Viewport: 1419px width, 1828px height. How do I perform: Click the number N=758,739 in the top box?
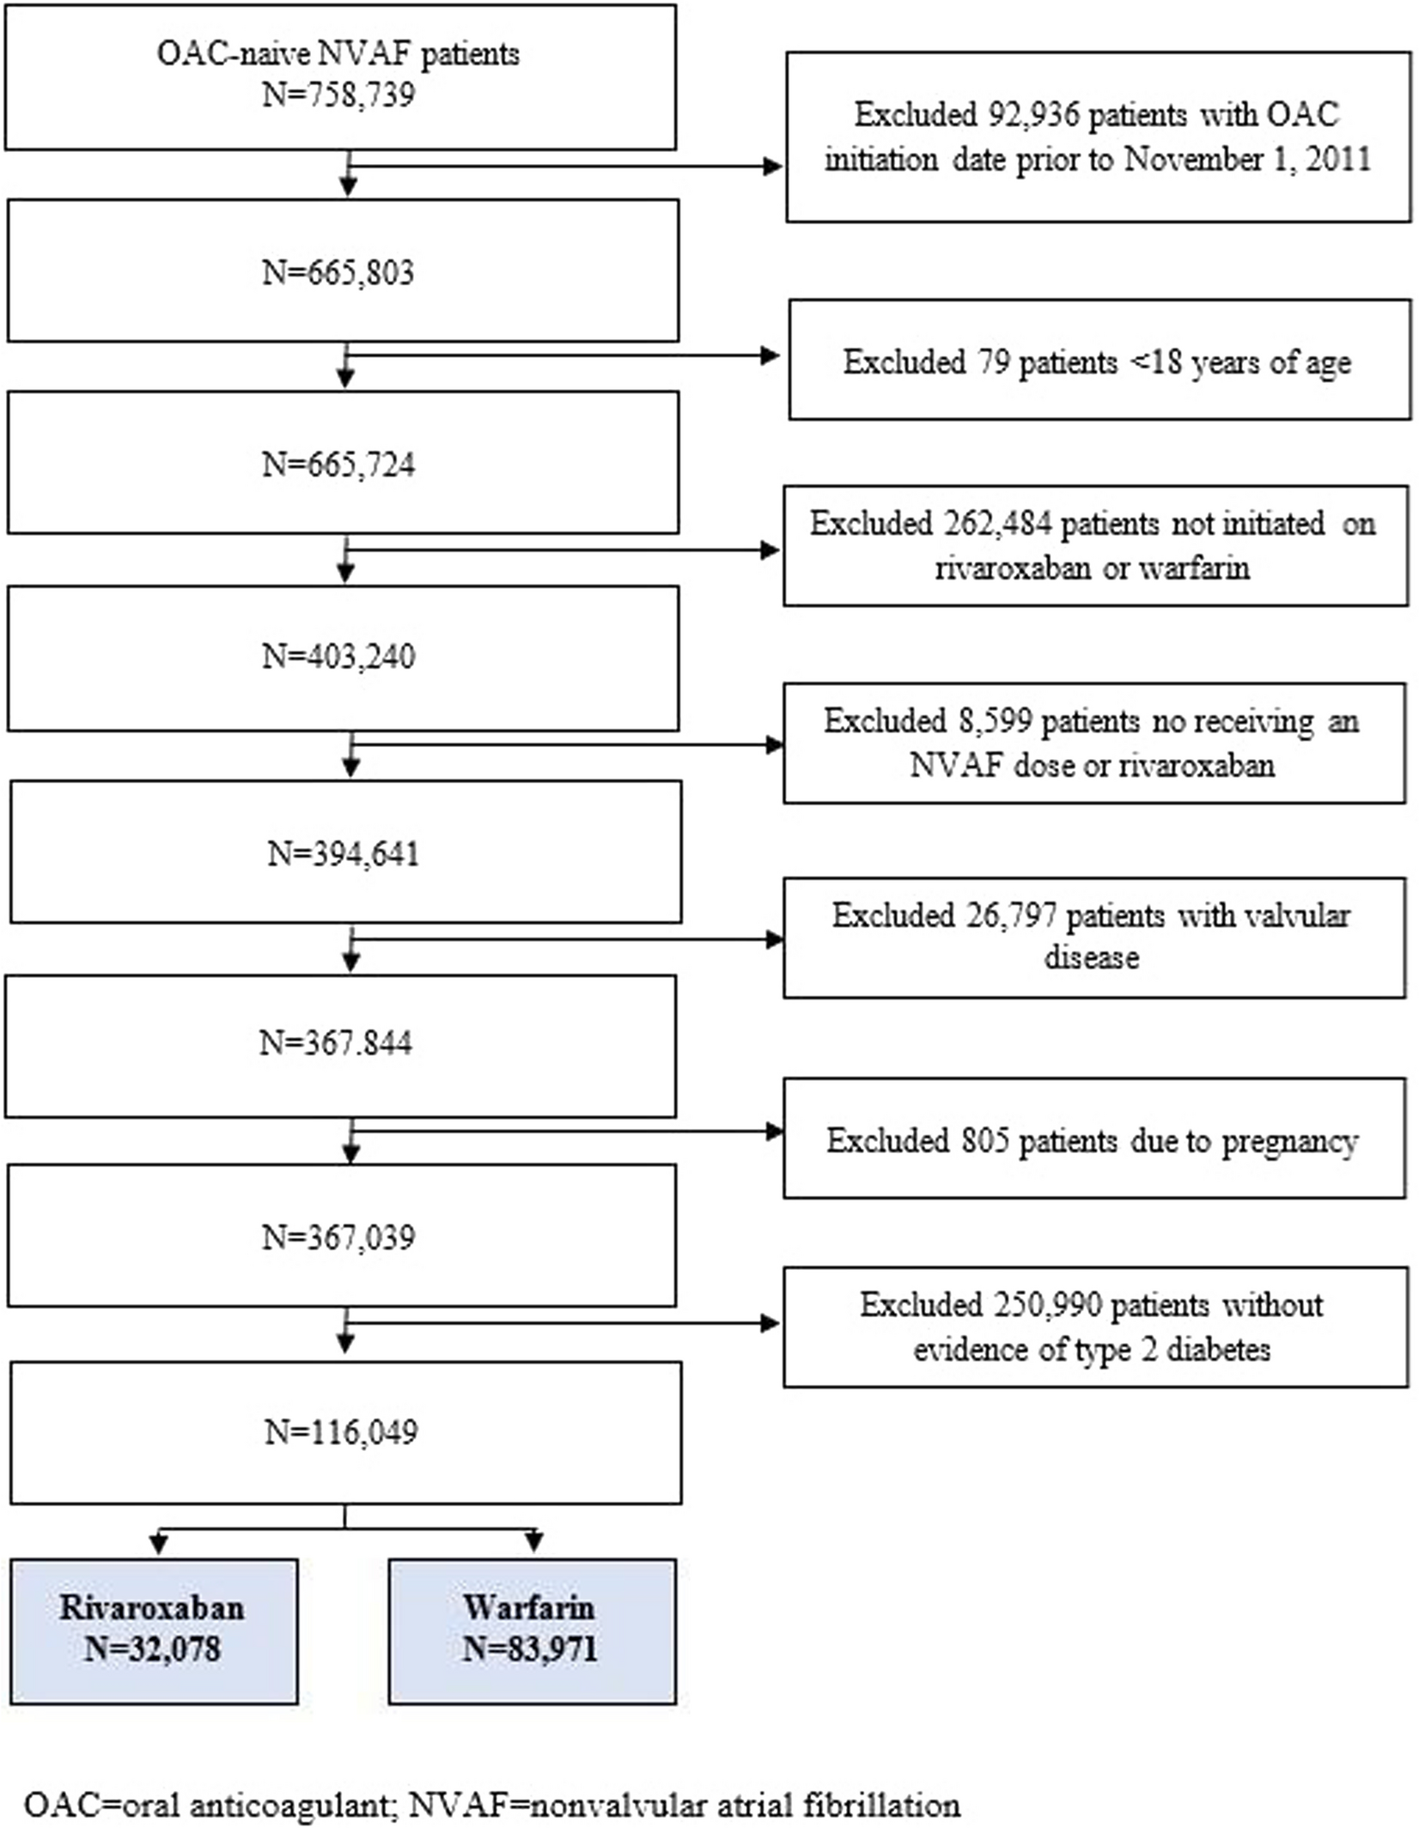pos(338,94)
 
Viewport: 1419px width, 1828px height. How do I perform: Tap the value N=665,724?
pos(338,465)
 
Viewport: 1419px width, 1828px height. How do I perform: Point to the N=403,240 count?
pos(338,657)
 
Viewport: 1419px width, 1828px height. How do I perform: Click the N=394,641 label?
pos(343,854)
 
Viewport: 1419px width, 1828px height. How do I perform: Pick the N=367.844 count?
pos(336,1043)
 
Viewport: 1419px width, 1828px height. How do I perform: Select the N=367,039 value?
pos(338,1237)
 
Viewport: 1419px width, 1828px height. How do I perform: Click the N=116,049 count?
pos(341,1432)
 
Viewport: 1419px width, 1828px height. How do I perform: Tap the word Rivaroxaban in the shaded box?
pos(152,1607)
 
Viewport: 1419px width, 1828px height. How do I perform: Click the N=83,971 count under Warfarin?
pos(529,1649)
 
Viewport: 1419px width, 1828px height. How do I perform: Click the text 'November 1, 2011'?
pos(1247,160)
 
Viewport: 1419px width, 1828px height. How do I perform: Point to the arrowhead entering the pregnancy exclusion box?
pos(773,1132)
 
